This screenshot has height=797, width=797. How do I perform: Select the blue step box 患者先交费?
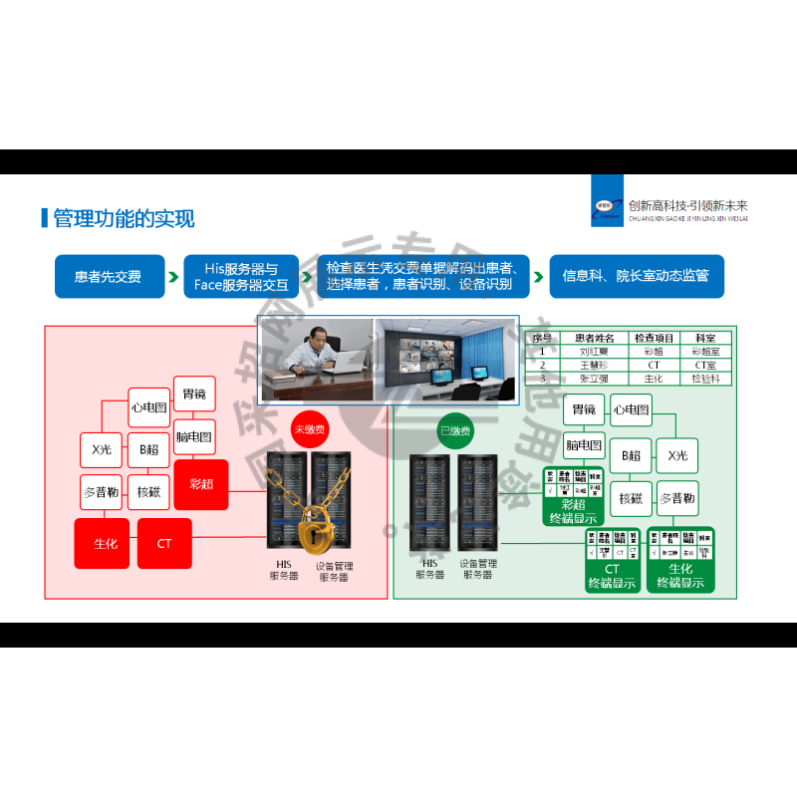108,277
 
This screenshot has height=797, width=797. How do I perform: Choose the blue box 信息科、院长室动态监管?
636,277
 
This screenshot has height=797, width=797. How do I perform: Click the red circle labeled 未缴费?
310,429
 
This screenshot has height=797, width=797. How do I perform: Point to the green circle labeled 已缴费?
455,431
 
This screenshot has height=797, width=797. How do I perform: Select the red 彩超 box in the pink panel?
201,484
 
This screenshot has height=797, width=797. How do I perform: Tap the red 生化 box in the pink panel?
106,544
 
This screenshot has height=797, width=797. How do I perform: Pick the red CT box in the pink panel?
164,544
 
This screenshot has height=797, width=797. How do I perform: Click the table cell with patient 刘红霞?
598,352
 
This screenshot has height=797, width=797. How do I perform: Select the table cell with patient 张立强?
598,378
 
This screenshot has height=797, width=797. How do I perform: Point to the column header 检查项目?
654,339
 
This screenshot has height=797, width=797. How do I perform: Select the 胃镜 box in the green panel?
584,409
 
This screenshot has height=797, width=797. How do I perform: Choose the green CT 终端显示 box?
613,561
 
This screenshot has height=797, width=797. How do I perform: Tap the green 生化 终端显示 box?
681,561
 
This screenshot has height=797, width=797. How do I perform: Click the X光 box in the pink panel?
101,450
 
